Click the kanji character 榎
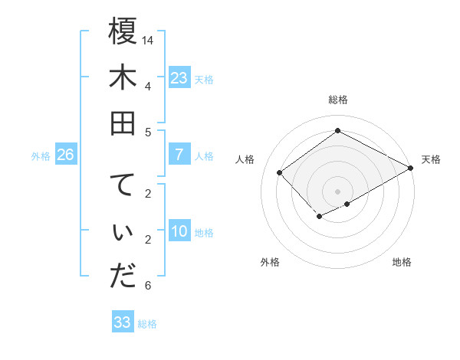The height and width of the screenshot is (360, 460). pos(123,32)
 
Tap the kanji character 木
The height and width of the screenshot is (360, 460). pos(123,79)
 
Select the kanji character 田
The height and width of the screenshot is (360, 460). pos(123,123)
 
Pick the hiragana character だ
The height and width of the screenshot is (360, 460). pos(123,276)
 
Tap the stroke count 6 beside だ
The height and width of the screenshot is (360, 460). pos(147,286)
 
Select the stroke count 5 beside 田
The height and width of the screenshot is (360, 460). pos(147,132)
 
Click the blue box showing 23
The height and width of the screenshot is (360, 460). pos(179,78)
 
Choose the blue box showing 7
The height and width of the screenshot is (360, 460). pos(179,155)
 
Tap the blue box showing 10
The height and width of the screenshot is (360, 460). pos(179,232)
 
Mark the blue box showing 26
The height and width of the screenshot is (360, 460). pos(66,155)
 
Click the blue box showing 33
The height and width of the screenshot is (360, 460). pos(123,322)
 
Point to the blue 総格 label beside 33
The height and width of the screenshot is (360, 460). pos(147,324)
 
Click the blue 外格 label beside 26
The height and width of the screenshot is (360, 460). pos(41,156)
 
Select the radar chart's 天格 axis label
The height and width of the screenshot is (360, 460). pos(431,159)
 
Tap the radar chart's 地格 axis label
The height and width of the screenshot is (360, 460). pos(402,262)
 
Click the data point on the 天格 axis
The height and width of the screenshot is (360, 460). pos(411,169)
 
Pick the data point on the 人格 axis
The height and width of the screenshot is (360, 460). pos(280,172)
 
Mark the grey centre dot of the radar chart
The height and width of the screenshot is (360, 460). pos(337,191)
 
